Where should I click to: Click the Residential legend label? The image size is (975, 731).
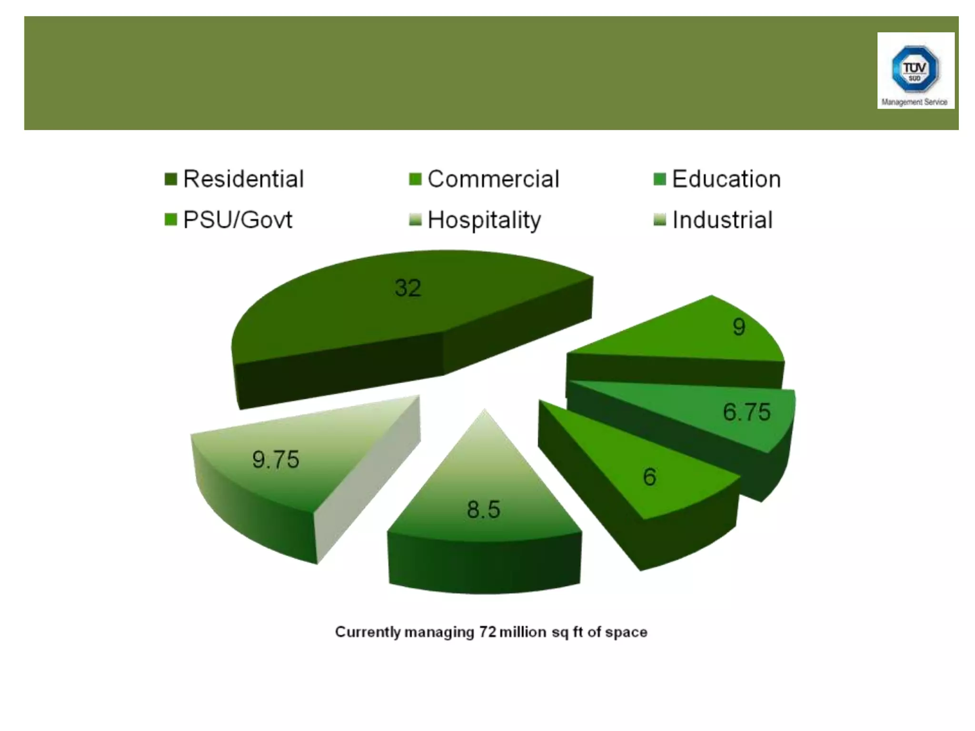pos(243,179)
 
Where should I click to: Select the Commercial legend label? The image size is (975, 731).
pos(493,179)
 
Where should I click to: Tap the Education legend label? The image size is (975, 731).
pos(726,179)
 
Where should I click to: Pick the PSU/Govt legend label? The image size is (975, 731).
pos(238,220)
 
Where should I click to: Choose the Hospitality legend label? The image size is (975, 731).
pos(484,220)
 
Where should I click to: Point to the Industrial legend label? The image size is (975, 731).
pos(722,220)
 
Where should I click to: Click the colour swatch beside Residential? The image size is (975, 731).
pos(170,179)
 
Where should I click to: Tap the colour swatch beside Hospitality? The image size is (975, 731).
pos(415,220)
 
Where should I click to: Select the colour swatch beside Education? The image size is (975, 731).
pos(659,179)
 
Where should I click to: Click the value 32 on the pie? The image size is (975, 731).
pos(408,288)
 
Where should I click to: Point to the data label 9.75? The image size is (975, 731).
pos(276,460)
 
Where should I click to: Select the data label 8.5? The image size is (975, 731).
pos(483,510)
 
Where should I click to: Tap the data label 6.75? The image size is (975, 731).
pos(746,412)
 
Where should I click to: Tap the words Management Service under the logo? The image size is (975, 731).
pos(915,102)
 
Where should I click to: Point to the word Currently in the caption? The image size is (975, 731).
pos(368,632)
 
